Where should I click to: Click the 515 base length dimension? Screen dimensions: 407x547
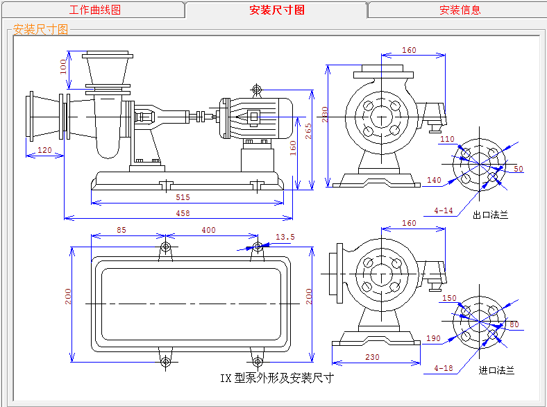click(183, 197)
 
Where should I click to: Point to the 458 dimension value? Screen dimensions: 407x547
click(183, 213)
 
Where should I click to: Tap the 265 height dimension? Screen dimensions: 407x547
click(308, 131)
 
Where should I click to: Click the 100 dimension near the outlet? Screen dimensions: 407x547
click(63, 67)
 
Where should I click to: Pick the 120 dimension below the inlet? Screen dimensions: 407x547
click(44, 150)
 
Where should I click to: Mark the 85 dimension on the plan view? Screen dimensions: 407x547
click(121, 230)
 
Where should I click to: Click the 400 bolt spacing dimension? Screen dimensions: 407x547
click(208, 230)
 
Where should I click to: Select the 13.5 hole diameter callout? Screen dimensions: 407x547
click(285, 238)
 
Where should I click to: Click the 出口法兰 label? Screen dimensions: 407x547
click(490, 215)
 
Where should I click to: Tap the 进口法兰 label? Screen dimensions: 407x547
click(496, 370)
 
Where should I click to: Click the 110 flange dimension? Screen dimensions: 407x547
click(447, 140)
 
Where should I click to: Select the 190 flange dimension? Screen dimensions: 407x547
click(434, 338)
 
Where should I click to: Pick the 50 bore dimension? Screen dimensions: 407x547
click(518, 169)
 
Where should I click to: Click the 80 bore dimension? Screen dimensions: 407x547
click(514, 324)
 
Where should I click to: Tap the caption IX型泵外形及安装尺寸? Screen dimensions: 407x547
click(276, 379)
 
